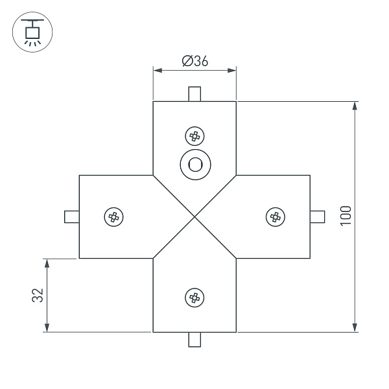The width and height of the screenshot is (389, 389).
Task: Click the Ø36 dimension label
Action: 194,62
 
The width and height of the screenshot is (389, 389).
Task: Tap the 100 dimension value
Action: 346,215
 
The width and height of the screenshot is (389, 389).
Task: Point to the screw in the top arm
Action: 194,136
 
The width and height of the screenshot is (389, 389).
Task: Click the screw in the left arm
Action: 114,217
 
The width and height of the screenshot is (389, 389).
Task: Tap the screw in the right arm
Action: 276,217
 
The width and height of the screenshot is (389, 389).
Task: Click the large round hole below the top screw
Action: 194,165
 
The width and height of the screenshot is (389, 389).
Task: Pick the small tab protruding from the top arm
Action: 194,94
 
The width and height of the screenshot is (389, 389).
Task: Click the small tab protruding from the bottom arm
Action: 194,339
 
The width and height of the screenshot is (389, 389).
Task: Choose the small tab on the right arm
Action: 318,217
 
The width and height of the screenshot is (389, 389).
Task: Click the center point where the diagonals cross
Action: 194,217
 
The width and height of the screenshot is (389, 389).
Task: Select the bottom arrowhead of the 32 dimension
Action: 47,327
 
